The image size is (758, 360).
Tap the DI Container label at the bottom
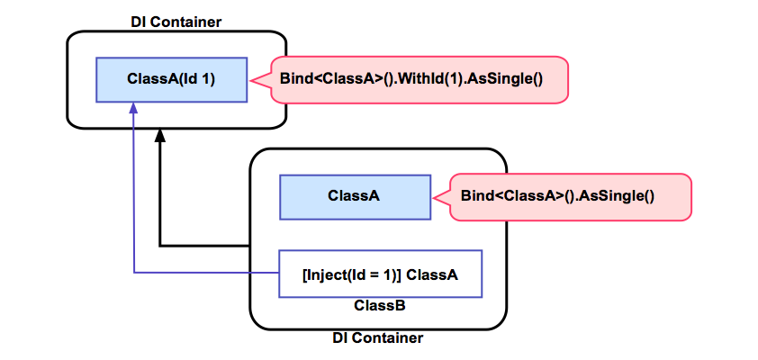point(378,338)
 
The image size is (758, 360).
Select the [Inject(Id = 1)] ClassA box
point(380,273)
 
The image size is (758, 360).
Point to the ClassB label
point(379,306)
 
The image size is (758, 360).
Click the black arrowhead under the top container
point(160,136)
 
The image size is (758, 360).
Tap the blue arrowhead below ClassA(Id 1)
point(133,109)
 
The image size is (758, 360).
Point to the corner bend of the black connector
point(160,245)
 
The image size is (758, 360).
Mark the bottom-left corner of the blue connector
point(133,272)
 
